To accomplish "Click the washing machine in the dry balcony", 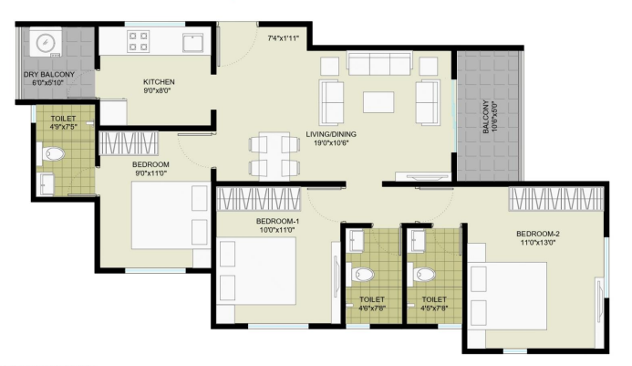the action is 46,42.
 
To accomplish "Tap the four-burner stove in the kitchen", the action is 139,42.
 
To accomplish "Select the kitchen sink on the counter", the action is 193,43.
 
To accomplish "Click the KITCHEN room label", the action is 159,81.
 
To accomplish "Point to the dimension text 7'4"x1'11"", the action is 283,38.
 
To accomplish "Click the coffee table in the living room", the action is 378,102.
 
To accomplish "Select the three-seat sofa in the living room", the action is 379,63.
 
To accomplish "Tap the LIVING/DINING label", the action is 331,134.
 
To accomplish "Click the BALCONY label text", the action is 486,117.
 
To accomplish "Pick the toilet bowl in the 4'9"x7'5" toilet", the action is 52,153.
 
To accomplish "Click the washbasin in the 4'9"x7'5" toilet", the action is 46,183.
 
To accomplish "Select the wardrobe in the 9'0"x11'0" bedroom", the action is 129,143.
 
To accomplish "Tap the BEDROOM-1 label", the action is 278,221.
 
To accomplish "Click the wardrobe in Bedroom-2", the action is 555,199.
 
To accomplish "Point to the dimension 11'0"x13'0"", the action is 538,243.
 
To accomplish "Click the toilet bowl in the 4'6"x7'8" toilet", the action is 361,275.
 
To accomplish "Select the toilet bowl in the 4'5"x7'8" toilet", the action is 422,275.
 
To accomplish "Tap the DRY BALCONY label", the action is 48,75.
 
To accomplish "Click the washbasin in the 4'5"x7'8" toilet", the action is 418,241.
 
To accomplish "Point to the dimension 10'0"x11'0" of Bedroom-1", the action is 278,230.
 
